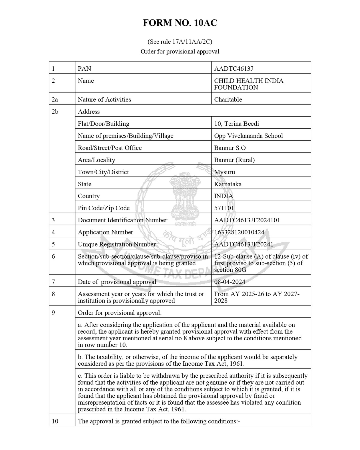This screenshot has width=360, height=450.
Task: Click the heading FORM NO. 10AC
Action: click(180, 23)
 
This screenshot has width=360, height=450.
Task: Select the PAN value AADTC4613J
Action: click(233, 69)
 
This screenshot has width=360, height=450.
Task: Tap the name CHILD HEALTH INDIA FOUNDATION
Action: click(248, 84)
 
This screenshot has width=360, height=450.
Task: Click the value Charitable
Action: click(228, 99)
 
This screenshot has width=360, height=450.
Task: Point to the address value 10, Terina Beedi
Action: click(236, 124)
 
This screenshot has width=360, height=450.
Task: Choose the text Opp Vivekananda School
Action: click(248, 136)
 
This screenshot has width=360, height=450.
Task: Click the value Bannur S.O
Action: click(230, 148)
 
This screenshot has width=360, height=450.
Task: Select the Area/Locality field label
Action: click(96, 160)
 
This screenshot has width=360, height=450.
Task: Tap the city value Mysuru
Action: click(224, 172)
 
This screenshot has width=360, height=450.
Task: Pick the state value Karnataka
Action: click(228, 184)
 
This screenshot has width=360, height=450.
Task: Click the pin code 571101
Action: click(224, 208)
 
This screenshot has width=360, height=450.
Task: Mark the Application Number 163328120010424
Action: click(239, 232)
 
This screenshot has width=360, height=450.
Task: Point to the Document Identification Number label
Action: click(122, 220)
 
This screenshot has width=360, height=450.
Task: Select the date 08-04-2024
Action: click(230, 282)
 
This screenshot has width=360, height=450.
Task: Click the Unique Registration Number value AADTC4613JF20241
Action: click(243, 244)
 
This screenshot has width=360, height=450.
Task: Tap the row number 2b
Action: click(55, 112)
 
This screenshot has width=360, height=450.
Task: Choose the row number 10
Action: click(55, 421)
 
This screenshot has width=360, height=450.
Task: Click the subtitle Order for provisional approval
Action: click(180, 51)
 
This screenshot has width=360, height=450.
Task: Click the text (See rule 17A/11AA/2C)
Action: click(180, 42)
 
